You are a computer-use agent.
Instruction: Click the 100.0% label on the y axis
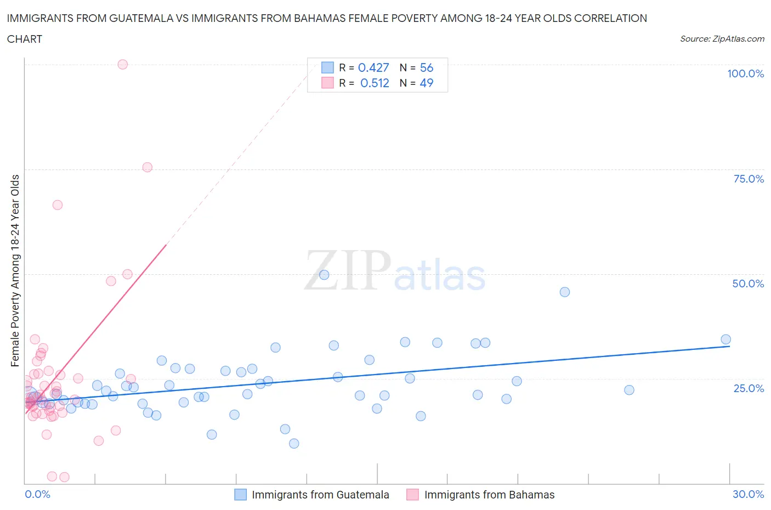(x=745, y=73)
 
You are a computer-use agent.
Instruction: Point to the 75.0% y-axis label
(x=749, y=179)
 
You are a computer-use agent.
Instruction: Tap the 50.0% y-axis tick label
(x=748, y=284)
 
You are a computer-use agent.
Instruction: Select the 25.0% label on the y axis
(x=749, y=388)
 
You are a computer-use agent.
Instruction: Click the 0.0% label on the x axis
(x=37, y=494)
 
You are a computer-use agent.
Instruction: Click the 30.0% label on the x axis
(x=748, y=494)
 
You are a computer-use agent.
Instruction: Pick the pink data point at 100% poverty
(x=123, y=64)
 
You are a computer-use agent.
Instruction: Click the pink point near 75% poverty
(x=147, y=167)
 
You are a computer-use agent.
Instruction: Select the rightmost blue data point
(x=725, y=339)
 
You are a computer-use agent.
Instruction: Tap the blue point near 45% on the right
(x=564, y=292)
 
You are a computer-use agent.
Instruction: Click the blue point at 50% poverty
(x=324, y=275)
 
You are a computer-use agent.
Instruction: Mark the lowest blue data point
(x=294, y=443)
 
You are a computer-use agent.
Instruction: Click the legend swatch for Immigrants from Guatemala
(x=240, y=495)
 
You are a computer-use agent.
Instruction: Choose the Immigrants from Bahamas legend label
(x=489, y=495)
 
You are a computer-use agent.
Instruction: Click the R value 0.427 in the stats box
(x=373, y=67)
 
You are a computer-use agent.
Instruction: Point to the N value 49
(x=426, y=83)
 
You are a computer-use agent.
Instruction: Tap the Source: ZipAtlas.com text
(x=722, y=39)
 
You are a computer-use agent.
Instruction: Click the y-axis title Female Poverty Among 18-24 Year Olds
(x=15, y=270)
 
